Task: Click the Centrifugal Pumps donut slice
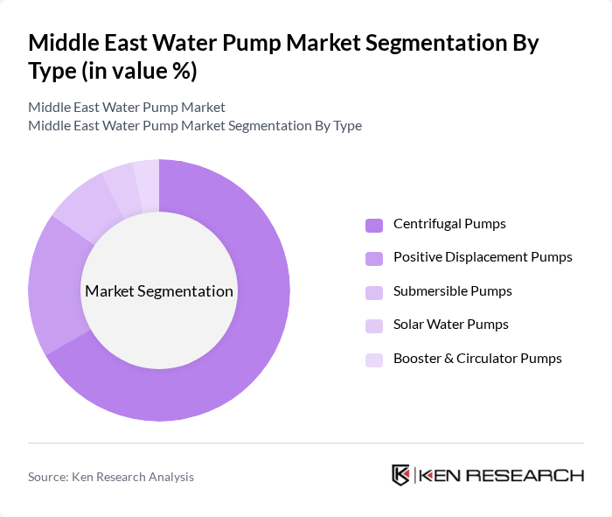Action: pos(254,332)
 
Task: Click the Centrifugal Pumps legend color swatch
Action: pos(374,225)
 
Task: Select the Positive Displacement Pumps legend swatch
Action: pos(374,258)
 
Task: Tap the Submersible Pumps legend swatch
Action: pos(374,292)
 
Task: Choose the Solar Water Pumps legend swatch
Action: pos(374,325)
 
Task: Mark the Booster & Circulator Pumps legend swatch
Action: pos(374,360)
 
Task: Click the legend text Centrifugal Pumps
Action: pos(449,224)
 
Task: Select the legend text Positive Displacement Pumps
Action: pos(483,257)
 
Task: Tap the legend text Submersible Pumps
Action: pos(453,291)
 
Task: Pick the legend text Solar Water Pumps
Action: pos(451,325)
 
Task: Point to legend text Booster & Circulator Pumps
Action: pos(477,359)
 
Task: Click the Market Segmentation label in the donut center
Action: pos(159,291)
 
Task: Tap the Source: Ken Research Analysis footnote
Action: pos(111,477)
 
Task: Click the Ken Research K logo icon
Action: pos(400,475)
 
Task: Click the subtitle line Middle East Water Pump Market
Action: pos(127,108)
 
